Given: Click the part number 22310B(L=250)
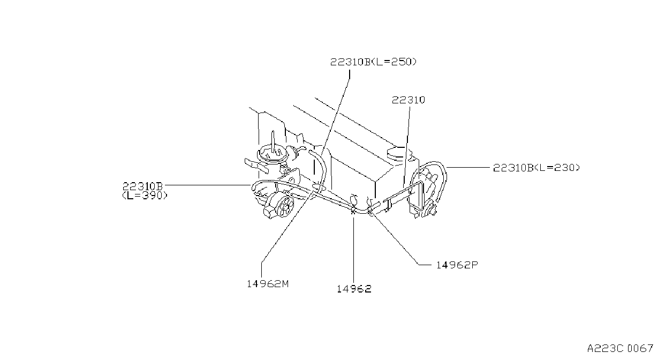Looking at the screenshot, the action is tap(373, 62).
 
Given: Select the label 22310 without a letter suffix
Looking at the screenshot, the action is tap(409, 100).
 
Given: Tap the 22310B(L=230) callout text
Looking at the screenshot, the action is tap(536, 168).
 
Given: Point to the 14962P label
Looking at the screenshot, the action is tap(457, 265).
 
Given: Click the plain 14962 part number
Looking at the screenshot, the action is tap(354, 289).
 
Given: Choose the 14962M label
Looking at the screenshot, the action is tap(268, 284).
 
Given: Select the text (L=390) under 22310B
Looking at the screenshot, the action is tap(145, 196).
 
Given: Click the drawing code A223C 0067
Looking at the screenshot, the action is tap(620, 349).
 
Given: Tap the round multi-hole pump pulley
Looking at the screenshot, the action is tap(285, 206).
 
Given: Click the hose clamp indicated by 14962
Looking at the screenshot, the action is tap(353, 210).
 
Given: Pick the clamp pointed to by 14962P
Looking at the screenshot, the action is tap(370, 210).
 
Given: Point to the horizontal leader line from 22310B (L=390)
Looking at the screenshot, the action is tap(207, 185).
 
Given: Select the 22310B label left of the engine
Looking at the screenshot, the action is tap(142, 186).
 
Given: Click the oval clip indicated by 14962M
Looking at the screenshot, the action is tap(319, 187).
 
